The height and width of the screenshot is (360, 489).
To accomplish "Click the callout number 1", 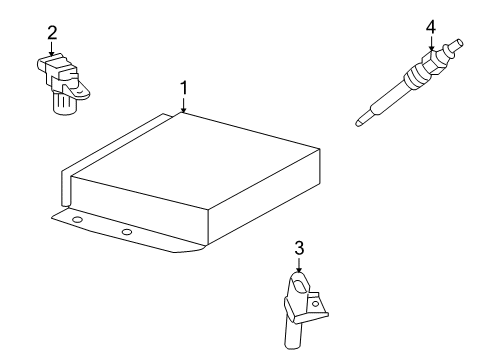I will [184, 88].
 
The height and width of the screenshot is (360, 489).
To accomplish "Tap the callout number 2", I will [51, 33].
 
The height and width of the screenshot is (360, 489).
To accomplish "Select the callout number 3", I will [298, 247].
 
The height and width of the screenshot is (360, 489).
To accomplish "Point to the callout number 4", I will [431, 25].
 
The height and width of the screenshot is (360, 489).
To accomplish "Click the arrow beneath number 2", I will [51, 49].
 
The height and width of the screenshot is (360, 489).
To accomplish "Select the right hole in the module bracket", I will [127, 232].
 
